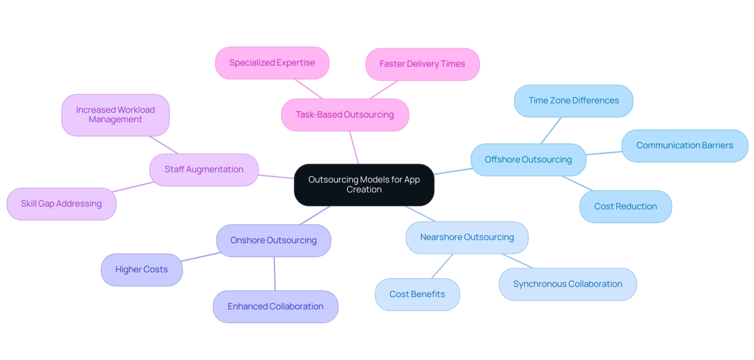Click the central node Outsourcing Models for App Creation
click(x=364, y=185)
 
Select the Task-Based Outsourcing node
click(x=345, y=115)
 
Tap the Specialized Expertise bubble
click(x=272, y=63)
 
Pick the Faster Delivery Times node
click(x=422, y=64)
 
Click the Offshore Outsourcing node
click(x=528, y=160)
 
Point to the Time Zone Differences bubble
click(x=573, y=101)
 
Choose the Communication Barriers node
click(x=684, y=146)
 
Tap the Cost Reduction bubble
click(x=625, y=207)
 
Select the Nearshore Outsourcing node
click(x=467, y=237)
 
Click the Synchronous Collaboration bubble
click(x=568, y=284)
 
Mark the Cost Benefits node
click(x=417, y=294)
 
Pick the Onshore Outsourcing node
click(x=274, y=240)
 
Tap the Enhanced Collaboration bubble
click(x=275, y=306)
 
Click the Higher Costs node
click(x=142, y=270)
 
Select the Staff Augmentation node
click(x=204, y=170)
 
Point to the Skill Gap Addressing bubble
click(x=61, y=204)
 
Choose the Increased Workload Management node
click(x=115, y=115)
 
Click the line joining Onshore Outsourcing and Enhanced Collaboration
click(x=275, y=274)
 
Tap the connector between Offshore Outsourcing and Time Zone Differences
click(x=551, y=130)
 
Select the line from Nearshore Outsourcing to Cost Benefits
click(x=442, y=266)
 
